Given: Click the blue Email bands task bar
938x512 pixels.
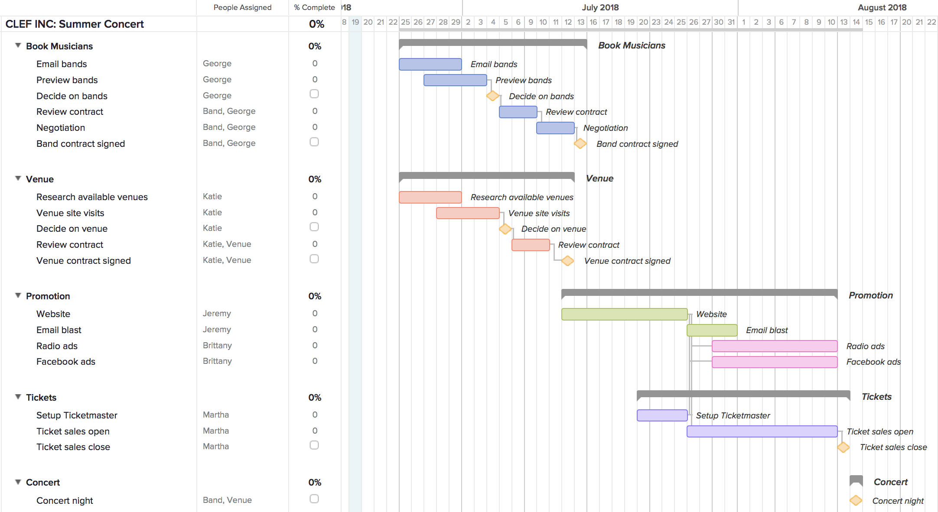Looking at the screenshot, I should (x=430, y=64).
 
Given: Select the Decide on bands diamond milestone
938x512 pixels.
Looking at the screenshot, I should (x=492, y=96).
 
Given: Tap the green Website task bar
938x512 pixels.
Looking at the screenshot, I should (x=624, y=314).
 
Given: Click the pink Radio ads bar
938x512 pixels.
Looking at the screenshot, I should (x=774, y=346).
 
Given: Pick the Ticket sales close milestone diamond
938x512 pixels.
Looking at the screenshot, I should (x=843, y=447).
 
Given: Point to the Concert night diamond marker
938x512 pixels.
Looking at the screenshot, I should (x=856, y=500).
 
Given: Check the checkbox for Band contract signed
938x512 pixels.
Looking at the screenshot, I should (x=314, y=142).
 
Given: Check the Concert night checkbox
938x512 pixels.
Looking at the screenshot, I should (x=314, y=499).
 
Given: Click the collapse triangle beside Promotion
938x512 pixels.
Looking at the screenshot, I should (x=18, y=295).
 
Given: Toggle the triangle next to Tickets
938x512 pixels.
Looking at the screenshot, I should (x=18, y=397).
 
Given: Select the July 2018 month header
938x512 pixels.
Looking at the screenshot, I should (x=600, y=7).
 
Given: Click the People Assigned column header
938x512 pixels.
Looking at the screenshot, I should (x=242, y=7).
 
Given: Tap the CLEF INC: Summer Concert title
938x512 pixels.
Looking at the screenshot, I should (x=75, y=24).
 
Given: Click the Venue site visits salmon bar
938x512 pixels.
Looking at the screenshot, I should (x=468, y=213).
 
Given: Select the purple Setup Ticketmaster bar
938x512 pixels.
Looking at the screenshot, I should (x=662, y=415).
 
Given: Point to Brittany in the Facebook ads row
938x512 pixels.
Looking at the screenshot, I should (x=217, y=361).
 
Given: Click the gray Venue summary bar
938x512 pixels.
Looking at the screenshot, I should (x=486, y=175).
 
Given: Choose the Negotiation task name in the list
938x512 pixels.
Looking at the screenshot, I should (x=61, y=128).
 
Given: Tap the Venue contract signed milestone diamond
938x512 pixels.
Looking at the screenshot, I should (x=567, y=261).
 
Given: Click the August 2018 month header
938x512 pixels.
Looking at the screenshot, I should (x=882, y=7).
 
